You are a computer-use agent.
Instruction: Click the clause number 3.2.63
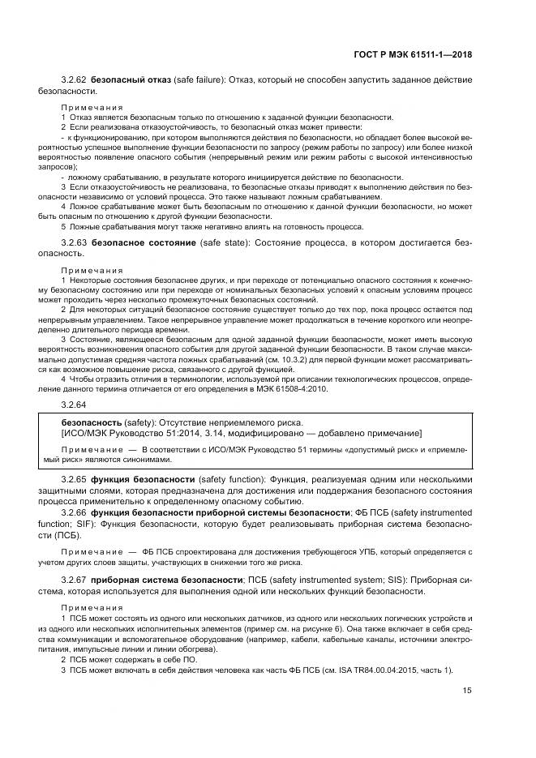75,242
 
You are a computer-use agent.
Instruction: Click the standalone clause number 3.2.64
75,403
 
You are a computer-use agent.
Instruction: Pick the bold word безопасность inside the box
91,422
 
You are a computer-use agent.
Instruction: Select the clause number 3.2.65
75,479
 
